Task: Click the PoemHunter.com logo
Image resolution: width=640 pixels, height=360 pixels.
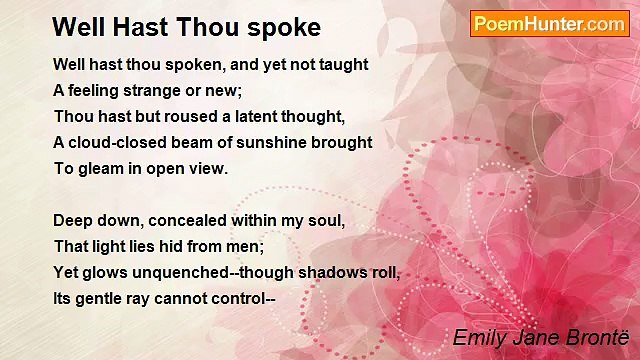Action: pos(549,24)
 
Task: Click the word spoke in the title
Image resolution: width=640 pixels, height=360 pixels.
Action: pos(284,26)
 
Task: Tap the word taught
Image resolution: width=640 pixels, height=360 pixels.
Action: pos(344,64)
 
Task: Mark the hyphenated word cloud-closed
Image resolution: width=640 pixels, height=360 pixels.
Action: pos(121,142)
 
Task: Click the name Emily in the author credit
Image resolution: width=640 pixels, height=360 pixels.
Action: pos(478,337)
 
